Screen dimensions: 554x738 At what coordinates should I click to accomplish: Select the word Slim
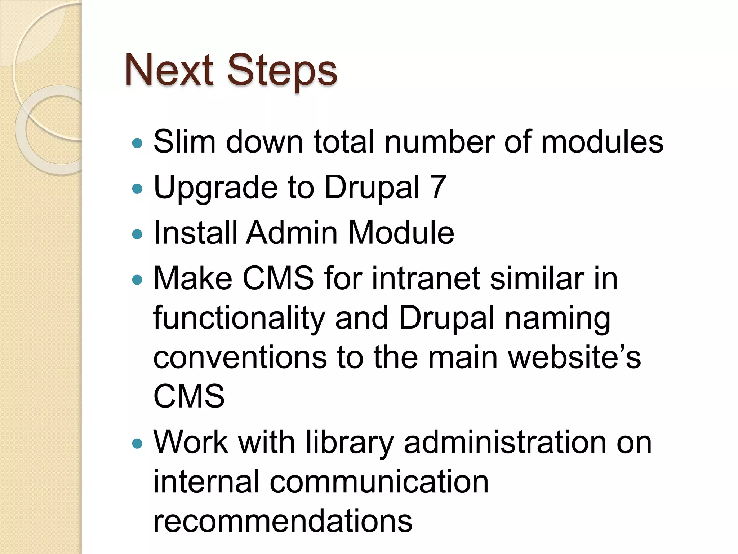(184, 142)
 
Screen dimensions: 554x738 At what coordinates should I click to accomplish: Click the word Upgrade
(215, 188)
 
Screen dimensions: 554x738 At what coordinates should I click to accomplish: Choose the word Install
(195, 233)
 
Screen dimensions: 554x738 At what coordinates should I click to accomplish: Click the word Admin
(292, 233)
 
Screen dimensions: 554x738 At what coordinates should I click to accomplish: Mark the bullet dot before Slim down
(137, 144)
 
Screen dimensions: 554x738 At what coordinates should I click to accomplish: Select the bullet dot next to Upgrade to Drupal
(137, 189)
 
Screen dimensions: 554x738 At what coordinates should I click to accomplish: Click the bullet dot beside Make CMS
(137, 280)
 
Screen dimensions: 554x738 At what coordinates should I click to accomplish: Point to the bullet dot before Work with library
(137, 443)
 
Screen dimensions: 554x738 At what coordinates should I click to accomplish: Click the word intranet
(426, 278)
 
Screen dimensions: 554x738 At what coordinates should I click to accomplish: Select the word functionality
(239, 318)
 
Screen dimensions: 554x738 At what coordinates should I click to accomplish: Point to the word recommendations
(283, 521)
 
